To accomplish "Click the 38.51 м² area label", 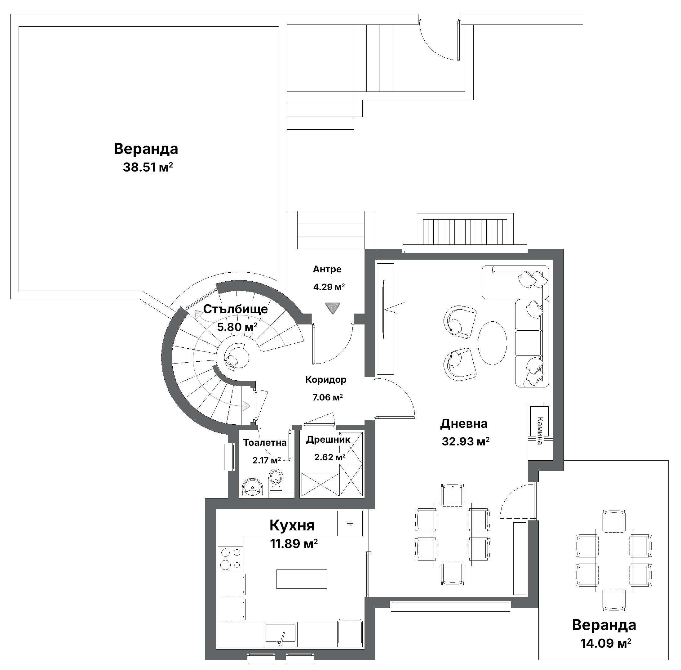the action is point(148,167).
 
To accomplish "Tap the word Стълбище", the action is point(235,309).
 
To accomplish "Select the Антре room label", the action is point(327,269).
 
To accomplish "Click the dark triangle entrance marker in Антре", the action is point(332,308).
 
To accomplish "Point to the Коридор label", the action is point(325,379).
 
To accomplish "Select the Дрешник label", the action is point(328,439).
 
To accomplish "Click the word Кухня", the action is point(292,525).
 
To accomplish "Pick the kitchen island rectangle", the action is point(301,579).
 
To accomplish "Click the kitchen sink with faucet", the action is point(280,634).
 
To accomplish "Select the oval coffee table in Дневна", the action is point(492,343).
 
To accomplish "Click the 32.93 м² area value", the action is point(466,441).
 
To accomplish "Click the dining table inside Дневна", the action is point(453,534).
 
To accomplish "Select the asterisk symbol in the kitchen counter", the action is point(349,524).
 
